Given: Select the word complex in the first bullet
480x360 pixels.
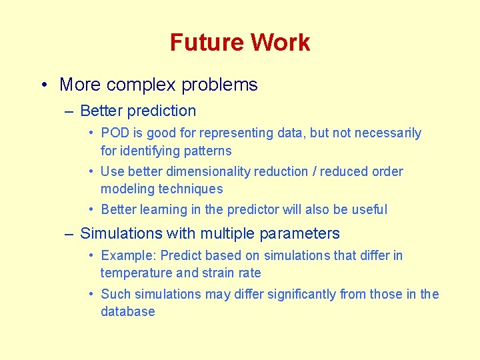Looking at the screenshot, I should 141,85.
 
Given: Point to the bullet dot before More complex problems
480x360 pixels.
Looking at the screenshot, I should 43,85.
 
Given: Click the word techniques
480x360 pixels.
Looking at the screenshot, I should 190,189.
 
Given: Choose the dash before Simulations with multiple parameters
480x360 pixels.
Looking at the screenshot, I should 69,234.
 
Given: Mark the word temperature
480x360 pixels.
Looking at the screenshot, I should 136,273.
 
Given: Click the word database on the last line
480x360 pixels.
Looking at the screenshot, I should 127,311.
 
